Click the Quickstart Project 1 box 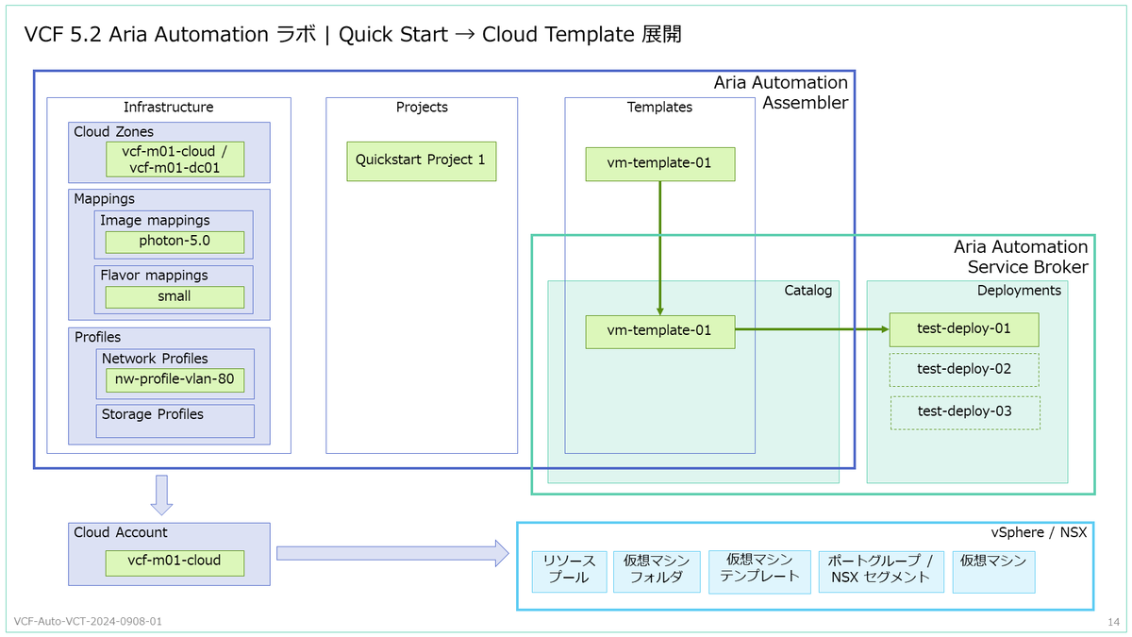pos(422,161)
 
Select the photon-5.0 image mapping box pos(175,242)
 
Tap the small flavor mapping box pos(175,296)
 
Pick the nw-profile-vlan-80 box pos(175,379)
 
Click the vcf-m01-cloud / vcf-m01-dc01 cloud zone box pos(175,159)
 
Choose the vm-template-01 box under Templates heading pos(660,164)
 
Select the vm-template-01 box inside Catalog pos(660,332)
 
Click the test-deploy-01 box pos(964,329)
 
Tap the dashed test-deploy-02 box pos(964,370)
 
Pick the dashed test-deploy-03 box pos(965,412)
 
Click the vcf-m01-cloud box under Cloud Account pos(175,562)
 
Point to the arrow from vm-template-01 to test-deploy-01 pos(812,329)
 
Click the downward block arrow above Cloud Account pos(161,495)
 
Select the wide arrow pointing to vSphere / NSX pos(392,553)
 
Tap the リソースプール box pos(570,571)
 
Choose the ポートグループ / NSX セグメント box pos(881,571)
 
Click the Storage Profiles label pos(152,414)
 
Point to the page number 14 pos(1114,622)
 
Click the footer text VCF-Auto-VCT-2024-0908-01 pos(88,621)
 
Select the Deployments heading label pos(1019,291)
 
